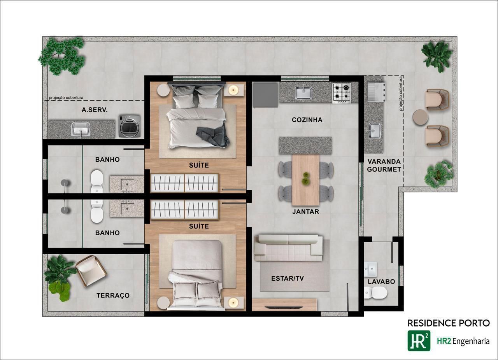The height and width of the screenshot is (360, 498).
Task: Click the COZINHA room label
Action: (x=307, y=120)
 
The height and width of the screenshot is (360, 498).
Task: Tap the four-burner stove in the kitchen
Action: (x=342, y=93)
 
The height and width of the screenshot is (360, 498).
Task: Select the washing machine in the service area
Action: (x=130, y=126)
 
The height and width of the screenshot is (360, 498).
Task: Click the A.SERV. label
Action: (x=95, y=110)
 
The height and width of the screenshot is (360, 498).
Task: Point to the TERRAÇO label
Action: (x=113, y=295)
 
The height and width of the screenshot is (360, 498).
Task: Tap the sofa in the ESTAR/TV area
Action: (x=289, y=248)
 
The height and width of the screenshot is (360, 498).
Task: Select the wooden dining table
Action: (x=306, y=180)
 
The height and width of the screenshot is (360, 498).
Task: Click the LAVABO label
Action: (x=381, y=281)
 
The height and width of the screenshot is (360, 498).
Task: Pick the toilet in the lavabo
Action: (x=376, y=292)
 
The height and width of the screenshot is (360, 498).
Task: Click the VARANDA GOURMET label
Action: (x=384, y=165)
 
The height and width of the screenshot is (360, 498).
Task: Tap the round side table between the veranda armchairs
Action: (x=420, y=117)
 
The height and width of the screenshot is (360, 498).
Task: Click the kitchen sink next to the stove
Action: (x=304, y=93)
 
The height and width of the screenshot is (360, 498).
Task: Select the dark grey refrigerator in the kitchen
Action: (x=265, y=95)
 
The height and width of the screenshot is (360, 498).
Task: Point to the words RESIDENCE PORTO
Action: (x=449, y=323)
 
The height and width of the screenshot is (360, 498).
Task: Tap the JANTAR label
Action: (x=306, y=211)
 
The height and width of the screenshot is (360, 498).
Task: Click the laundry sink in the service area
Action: (x=81, y=129)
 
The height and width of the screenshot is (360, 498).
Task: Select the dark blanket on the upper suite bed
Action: (x=213, y=136)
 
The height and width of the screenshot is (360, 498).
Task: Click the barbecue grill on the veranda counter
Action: (x=377, y=92)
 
